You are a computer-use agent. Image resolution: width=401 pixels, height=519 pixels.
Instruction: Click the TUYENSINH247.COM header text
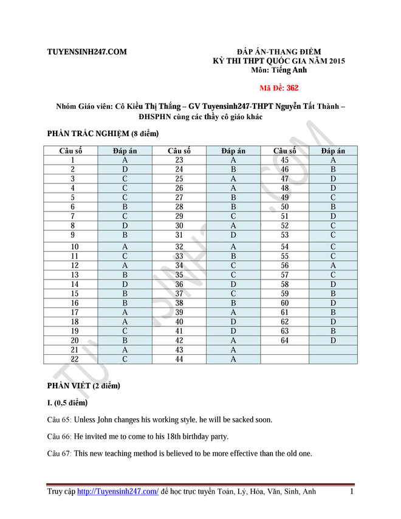(87, 52)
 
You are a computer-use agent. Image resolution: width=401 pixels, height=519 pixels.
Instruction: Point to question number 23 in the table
(179, 160)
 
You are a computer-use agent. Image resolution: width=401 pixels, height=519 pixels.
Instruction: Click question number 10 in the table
(75, 247)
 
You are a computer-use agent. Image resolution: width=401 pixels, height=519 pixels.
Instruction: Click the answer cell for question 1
(125, 160)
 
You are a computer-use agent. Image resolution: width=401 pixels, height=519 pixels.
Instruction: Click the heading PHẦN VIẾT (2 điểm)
(84, 385)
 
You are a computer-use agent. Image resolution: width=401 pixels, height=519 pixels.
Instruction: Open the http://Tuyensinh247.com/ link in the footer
(118, 492)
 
